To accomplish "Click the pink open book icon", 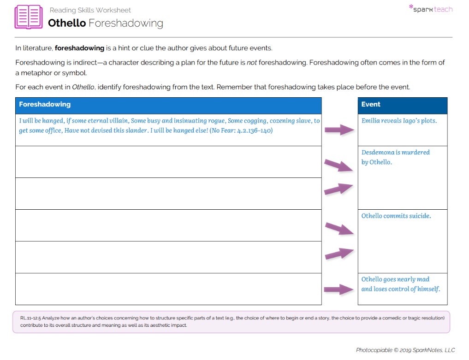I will pyautogui.click(x=29, y=17).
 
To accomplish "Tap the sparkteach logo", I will pyautogui.click(x=431, y=9).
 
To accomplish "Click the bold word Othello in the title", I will pyautogui.click(x=67, y=23).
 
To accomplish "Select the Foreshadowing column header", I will pyautogui.click(x=45, y=105).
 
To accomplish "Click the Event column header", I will pyautogui.click(x=371, y=105).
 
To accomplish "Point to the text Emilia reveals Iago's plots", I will pyautogui.click(x=399, y=121).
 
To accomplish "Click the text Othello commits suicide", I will pyautogui.click(x=396, y=216).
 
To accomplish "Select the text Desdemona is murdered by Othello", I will pyautogui.click(x=395, y=157).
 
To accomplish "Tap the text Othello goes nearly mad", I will pyautogui.click(x=395, y=279).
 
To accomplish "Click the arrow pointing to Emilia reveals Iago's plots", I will pyautogui.click(x=339, y=130).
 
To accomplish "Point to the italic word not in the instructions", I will pyautogui.click(x=252, y=62).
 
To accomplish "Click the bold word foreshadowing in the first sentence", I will pyautogui.click(x=79, y=48).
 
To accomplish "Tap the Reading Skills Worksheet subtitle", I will pyautogui.click(x=90, y=10).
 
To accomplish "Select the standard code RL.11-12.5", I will pyautogui.click(x=30, y=318).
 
